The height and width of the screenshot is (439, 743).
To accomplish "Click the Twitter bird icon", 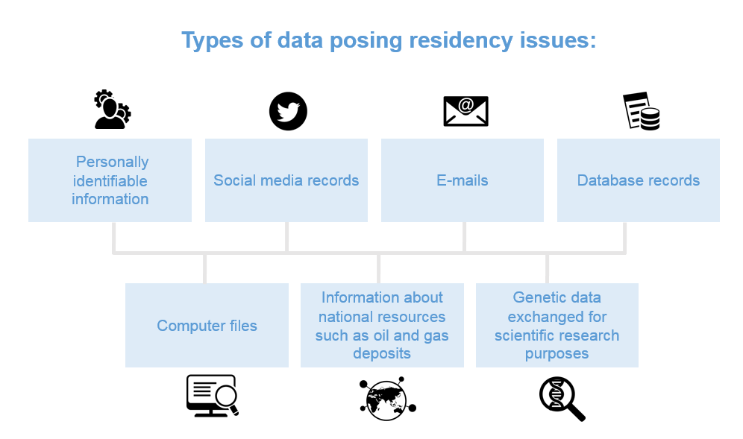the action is pyautogui.click(x=288, y=111).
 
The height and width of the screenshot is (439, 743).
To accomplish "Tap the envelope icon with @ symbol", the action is pyautogui.click(x=465, y=111).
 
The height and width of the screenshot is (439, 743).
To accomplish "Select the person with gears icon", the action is pyautogui.click(x=113, y=110).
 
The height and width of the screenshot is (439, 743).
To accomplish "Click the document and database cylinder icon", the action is pyautogui.click(x=642, y=111).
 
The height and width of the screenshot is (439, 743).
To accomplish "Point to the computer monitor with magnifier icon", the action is pyautogui.click(x=213, y=396).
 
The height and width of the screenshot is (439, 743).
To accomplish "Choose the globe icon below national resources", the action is pyautogui.click(x=387, y=399).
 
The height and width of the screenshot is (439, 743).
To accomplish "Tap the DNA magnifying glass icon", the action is pyautogui.click(x=562, y=399).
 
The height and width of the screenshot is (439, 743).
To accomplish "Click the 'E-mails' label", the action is pyautogui.click(x=463, y=180).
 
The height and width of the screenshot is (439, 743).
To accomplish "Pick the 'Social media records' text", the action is pyautogui.click(x=286, y=180).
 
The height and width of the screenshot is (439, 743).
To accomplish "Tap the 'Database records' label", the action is pyautogui.click(x=639, y=180).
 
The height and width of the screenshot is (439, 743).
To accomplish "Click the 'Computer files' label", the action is pyautogui.click(x=207, y=326).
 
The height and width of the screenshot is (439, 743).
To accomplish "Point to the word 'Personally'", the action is pyautogui.click(x=113, y=162).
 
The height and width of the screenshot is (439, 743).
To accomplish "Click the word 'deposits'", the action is pyautogui.click(x=382, y=354).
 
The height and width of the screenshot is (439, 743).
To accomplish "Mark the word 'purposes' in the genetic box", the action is pyautogui.click(x=557, y=354).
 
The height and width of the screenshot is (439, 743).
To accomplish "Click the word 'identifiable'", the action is pyautogui.click(x=110, y=181).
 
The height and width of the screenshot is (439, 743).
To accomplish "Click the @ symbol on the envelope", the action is pyautogui.click(x=465, y=105).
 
